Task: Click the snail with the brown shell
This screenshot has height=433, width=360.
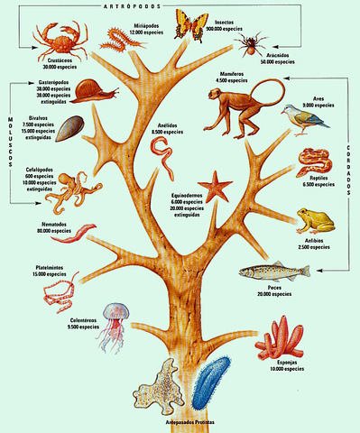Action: (x=90, y=92)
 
